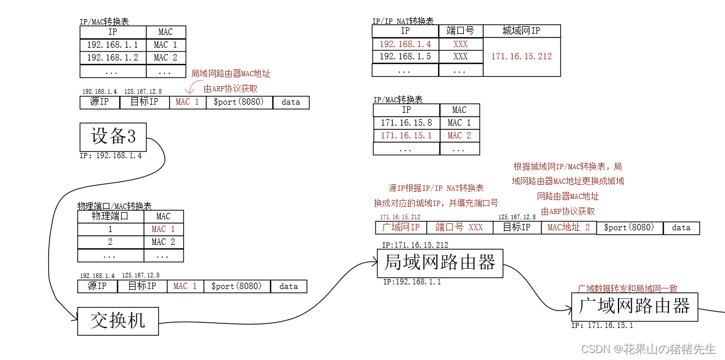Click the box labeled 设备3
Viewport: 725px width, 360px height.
pyautogui.click(x=113, y=137)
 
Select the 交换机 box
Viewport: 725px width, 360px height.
pyautogui.click(x=118, y=320)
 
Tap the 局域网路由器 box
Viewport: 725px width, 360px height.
pyautogui.click(x=440, y=263)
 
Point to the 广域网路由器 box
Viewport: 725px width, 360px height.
pyautogui.click(x=634, y=306)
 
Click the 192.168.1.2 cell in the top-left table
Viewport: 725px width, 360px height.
pyautogui.click(x=113, y=58)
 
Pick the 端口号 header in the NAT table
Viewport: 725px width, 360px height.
pyautogui.click(x=460, y=31)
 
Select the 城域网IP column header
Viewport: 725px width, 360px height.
pyautogui.click(x=521, y=31)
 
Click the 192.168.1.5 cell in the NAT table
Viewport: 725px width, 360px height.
pyautogui.click(x=405, y=56)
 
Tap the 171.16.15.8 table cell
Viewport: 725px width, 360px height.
pyautogui.click(x=406, y=123)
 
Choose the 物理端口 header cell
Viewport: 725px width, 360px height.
pyautogui.click(x=111, y=216)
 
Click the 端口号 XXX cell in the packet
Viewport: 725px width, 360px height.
pyautogui.click(x=459, y=227)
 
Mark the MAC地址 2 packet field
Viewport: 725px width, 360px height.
pyautogui.click(x=568, y=227)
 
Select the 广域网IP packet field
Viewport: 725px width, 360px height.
pyautogui.click(x=401, y=227)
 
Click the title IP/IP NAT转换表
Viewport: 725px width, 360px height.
pyautogui.click(x=403, y=21)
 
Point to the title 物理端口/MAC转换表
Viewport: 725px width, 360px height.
pyautogui.click(x=115, y=206)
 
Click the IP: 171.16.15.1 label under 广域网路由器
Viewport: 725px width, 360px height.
pyautogui.click(x=602, y=326)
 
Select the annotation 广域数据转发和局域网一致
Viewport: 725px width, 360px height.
pyautogui.click(x=627, y=288)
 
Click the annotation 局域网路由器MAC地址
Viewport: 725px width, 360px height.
pyautogui.click(x=231, y=74)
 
